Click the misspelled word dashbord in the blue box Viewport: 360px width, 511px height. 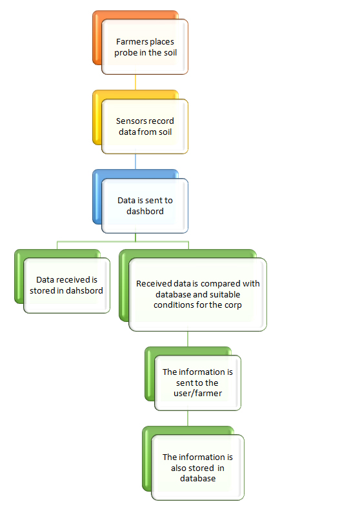145,211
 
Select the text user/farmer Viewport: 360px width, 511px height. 198,394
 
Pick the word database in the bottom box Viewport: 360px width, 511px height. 198,478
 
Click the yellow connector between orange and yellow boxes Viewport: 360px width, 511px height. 135,83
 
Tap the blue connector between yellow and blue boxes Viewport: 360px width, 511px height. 135,162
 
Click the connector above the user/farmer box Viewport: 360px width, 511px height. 188,339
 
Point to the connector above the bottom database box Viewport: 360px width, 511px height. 188,419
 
